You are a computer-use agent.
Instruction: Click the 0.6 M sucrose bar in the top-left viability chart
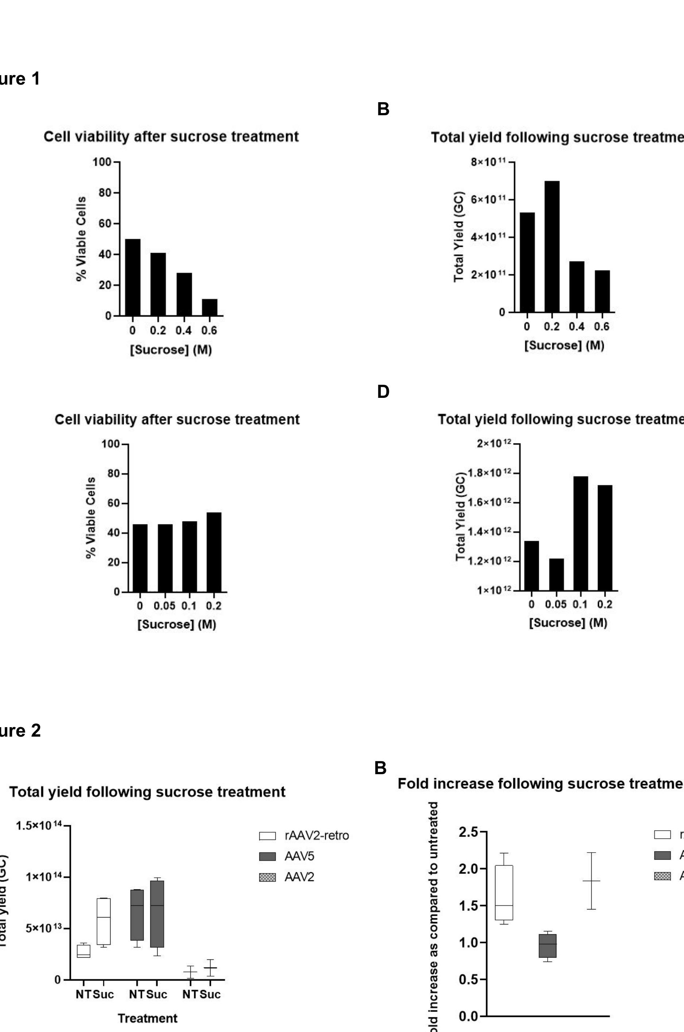209,307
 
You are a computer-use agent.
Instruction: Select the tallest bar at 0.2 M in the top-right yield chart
552,247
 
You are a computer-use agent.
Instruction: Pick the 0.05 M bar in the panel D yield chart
556,574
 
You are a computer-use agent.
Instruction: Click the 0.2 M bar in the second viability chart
214,552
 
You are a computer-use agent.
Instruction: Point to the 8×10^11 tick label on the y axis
488,162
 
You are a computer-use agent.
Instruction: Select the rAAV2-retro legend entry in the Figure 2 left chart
316,835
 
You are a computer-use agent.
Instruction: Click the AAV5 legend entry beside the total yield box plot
299,856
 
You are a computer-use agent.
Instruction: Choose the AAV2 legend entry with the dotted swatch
299,877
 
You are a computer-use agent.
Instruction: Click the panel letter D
383,392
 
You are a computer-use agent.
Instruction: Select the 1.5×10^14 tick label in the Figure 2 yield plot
39,826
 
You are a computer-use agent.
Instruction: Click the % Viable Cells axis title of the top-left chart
81,238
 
